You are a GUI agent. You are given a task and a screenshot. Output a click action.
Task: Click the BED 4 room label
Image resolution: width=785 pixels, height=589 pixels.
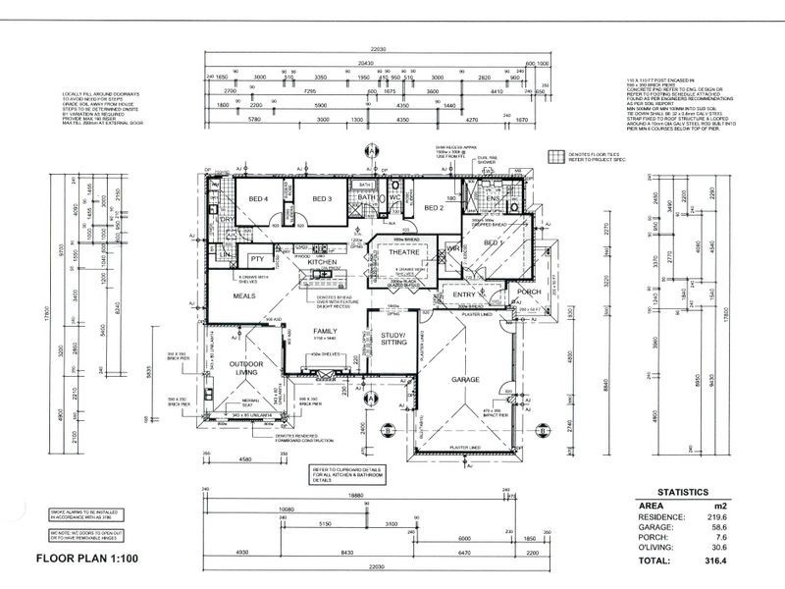258,198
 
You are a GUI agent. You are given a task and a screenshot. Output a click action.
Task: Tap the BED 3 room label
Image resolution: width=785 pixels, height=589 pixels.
324,199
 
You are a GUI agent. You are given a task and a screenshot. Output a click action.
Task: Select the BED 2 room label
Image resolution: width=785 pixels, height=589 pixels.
435,208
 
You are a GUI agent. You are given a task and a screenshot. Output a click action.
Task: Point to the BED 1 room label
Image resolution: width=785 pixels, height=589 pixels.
492,241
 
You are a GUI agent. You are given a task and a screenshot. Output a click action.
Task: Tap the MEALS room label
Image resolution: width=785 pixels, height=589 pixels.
244,294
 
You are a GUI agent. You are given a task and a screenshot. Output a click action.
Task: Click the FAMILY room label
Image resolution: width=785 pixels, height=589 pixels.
325,331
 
